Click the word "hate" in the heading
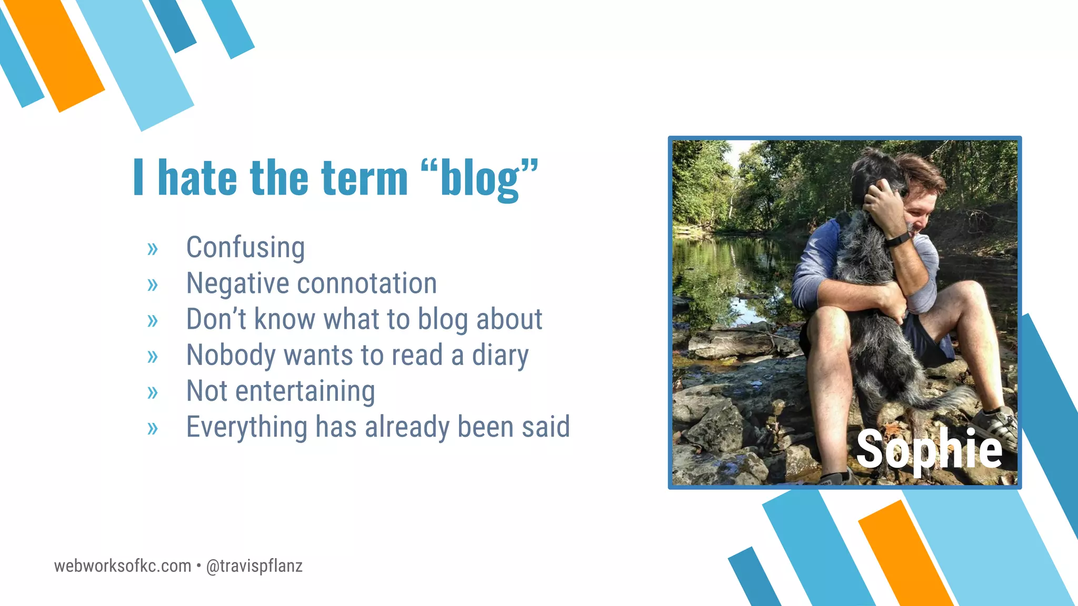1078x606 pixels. pos(197,178)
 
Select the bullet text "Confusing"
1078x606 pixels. pos(245,247)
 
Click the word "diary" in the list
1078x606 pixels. pos(500,356)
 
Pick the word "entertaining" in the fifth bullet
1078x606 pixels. pos(305,391)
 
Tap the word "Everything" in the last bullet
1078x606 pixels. pos(246,427)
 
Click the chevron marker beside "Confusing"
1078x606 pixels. pos(153,249)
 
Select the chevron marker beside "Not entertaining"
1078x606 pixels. pos(153,392)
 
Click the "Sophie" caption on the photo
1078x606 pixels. pos(929,449)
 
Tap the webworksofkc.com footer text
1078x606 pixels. pos(123,566)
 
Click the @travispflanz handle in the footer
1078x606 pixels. pos(254,566)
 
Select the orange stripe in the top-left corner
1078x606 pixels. pos(55,55)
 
